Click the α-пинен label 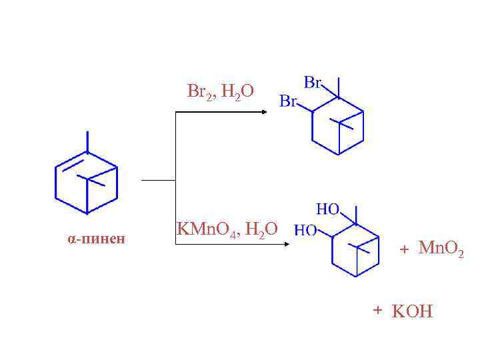[96, 239]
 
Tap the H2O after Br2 [238, 92]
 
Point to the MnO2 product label [441, 249]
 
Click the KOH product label [412, 311]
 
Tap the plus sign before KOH [377, 310]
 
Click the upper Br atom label [313, 83]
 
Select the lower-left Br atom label [288, 101]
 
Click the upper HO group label [328, 209]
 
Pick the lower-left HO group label [306, 230]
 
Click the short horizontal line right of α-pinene [158, 179]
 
